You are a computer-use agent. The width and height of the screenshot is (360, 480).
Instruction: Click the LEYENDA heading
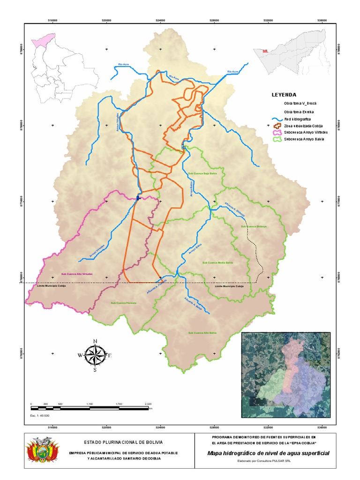pyautogui.click(x=284, y=94)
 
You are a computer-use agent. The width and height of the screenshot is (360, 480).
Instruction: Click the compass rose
pyautogui.click(x=95, y=355)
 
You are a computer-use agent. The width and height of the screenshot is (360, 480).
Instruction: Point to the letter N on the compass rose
pyautogui.click(x=95, y=341)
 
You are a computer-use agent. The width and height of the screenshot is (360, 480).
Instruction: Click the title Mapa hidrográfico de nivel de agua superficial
pyautogui.click(x=268, y=453)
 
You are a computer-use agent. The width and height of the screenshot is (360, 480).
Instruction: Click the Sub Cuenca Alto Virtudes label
pyautogui.click(x=75, y=274)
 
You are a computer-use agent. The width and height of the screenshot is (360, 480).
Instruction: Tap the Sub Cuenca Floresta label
pyautogui.click(x=123, y=303)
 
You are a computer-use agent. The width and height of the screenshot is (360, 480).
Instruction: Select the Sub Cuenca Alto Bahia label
pyautogui.click(x=202, y=333)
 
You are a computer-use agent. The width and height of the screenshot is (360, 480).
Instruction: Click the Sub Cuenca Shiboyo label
pyautogui.click(x=254, y=226)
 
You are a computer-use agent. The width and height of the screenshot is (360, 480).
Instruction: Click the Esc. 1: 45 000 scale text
pyautogui.click(x=40, y=415)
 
